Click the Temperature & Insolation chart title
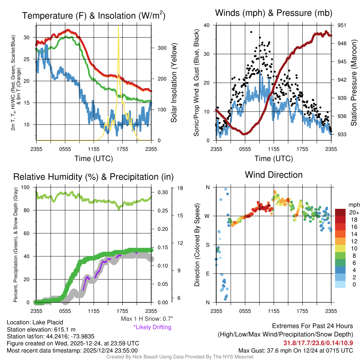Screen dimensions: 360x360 click(94, 16)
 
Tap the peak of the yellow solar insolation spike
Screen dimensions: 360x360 click(118, 26)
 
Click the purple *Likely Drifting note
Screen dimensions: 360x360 click(152, 327)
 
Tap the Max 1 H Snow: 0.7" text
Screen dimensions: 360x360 click(147, 319)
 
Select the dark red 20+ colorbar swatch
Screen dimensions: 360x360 click(341, 212)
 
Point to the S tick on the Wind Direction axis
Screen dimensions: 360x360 click(207, 245)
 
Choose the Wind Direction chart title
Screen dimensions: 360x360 click(274, 175)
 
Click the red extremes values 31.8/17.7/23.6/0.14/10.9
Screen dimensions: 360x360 click(318, 343)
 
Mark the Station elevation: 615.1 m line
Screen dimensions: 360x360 click(41, 329)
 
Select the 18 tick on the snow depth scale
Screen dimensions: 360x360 click(180, 188)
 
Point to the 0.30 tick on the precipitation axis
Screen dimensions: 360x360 click(162, 192)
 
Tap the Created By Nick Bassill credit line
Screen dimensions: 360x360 click(180, 357)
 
